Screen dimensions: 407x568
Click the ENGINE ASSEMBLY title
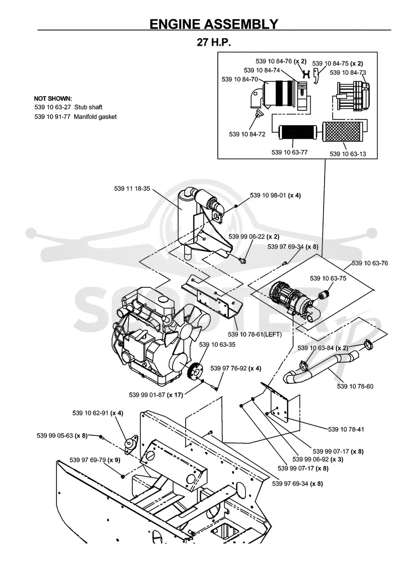pos(214,24)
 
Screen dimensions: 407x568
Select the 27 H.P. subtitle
pos(214,42)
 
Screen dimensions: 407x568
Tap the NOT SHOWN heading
pos(53,99)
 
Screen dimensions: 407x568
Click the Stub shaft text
pos(88,107)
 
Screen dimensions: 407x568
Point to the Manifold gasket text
pos(95,116)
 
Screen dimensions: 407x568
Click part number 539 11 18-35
pos(132,189)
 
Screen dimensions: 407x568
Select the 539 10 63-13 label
pos(347,154)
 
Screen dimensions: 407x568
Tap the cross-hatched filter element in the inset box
pos(342,132)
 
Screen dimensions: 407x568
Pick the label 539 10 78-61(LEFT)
pos(254,335)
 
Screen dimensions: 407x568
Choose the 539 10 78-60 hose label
pos(355,386)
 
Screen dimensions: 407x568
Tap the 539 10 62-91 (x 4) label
pos(98,413)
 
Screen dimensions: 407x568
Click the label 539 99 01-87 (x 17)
pos(156,395)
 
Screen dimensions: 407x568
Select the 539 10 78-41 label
pos(346,430)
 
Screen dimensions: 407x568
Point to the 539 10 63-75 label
pos(328,279)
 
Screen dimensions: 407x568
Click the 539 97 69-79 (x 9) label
pos(95,460)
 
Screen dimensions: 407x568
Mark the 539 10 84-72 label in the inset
pos(247,134)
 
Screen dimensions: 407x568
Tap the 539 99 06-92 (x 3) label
pos(318,459)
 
